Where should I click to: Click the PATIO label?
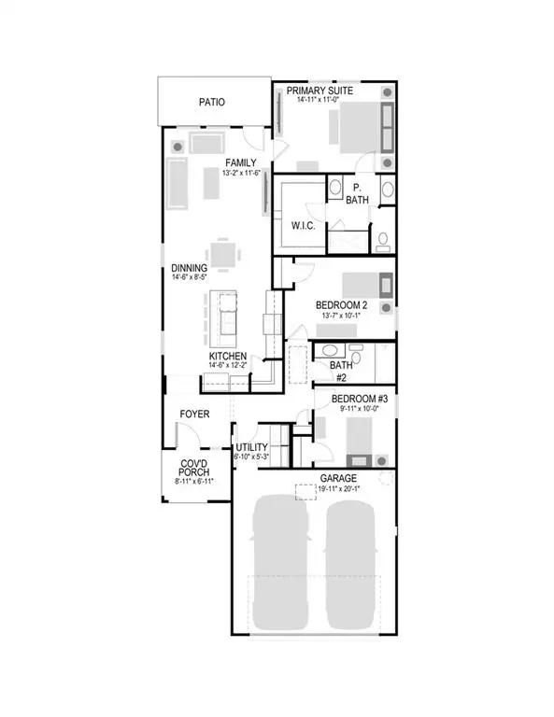[213, 103]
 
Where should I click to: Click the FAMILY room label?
[239, 162]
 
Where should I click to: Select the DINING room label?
[188, 268]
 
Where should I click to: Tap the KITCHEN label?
[227, 357]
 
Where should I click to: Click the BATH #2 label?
[341, 372]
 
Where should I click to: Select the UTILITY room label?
[251, 447]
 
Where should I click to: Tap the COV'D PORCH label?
[198, 469]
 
